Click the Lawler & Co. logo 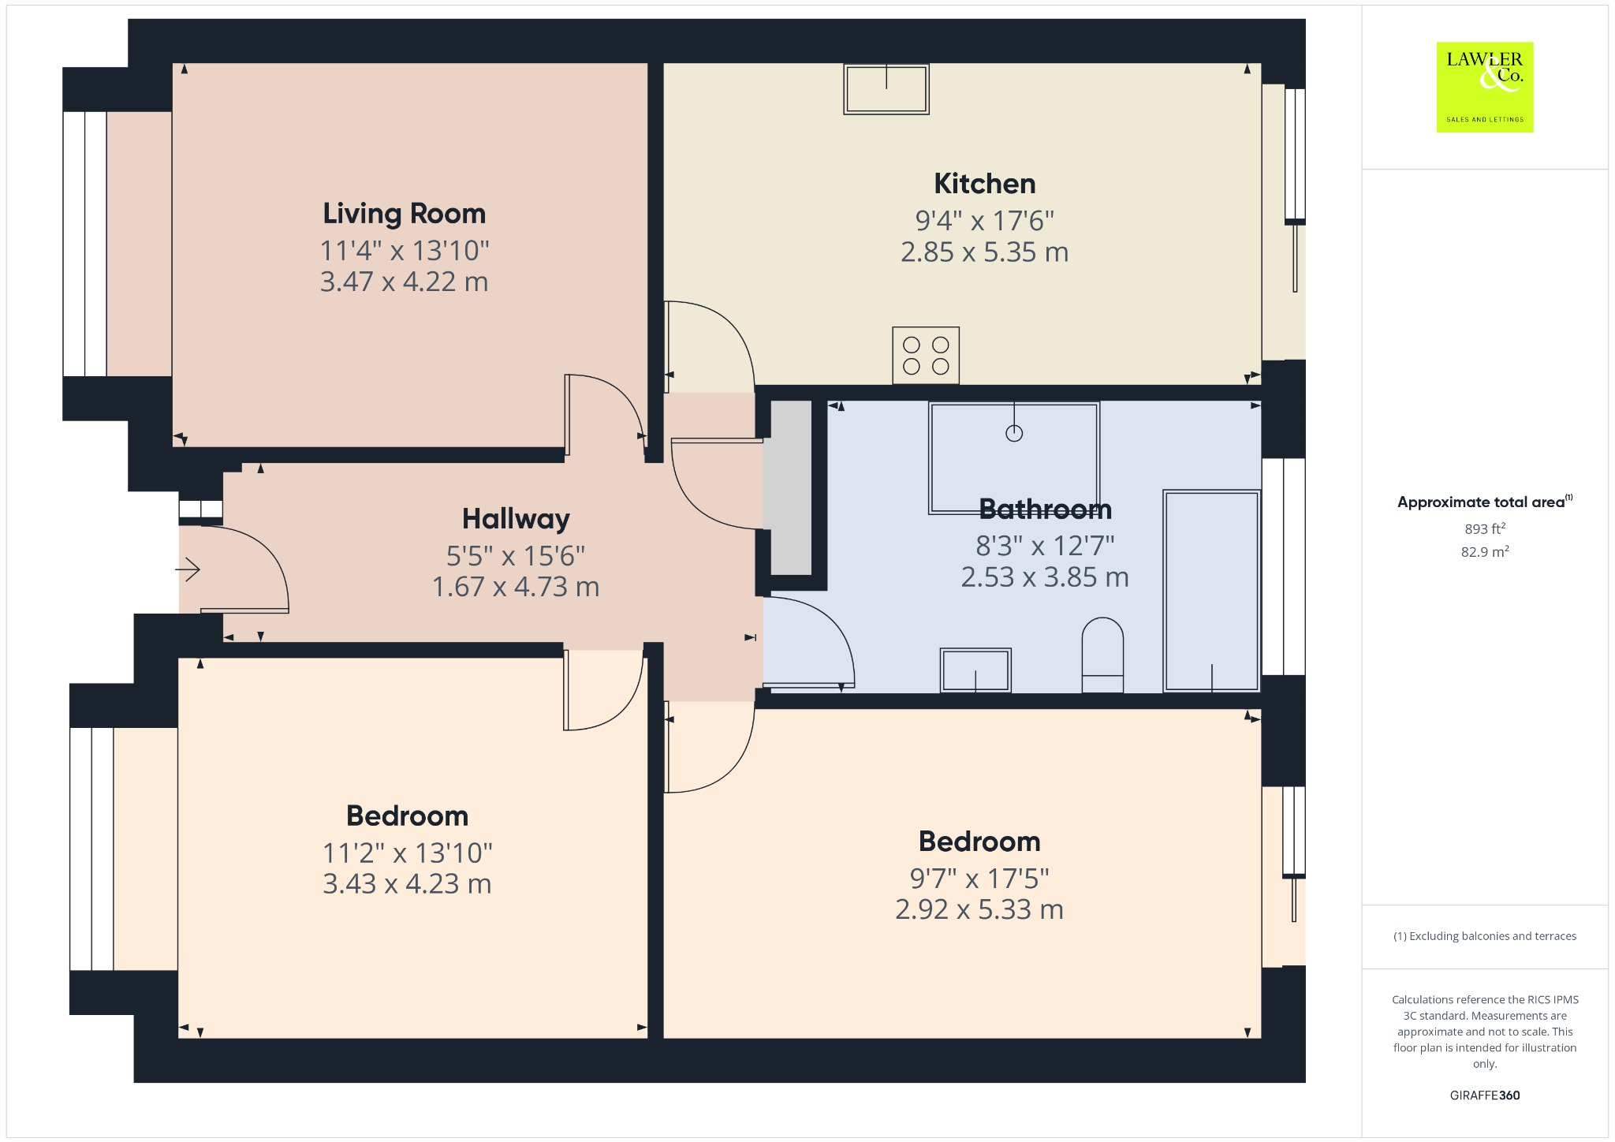pos(1484,87)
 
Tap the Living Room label pos(404,214)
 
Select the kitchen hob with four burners pos(926,356)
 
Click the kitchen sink pos(886,89)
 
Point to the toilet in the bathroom pos(1102,655)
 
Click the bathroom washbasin pos(975,670)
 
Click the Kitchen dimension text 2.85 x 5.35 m pos(984,252)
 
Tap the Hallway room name pos(516,519)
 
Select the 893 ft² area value pos(1484,528)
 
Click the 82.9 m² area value pos(1484,551)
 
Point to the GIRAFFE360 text pos(1484,1095)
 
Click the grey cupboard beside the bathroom pos(791,487)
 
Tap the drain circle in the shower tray pos(1014,433)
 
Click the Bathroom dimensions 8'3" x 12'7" pos(1045,546)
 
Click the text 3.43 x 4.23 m pos(407,884)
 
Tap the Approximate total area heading pos(1481,502)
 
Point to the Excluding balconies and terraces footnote pos(1484,936)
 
